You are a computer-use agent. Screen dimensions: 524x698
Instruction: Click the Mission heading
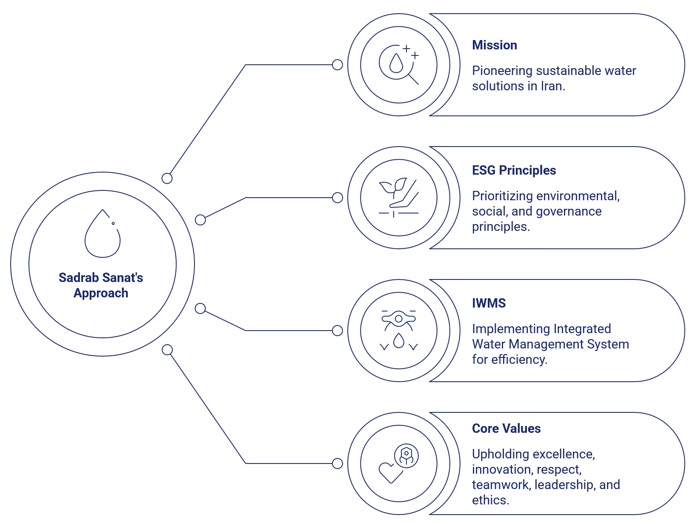click(x=495, y=45)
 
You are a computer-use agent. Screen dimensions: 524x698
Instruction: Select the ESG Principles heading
click(x=514, y=170)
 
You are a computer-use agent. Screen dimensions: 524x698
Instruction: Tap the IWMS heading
click(x=489, y=303)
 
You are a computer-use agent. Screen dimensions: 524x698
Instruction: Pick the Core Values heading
click(x=506, y=429)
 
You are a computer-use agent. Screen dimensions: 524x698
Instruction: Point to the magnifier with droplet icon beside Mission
click(x=399, y=65)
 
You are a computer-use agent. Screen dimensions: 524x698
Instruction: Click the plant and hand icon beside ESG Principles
click(x=399, y=198)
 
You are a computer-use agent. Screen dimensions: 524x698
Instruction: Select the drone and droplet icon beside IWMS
click(x=399, y=331)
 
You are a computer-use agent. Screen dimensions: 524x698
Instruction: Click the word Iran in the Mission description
click(x=552, y=86)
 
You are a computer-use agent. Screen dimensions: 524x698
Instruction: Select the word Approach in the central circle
click(x=101, y=293)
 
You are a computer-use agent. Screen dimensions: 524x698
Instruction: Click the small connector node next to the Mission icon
click(x=338, y=65)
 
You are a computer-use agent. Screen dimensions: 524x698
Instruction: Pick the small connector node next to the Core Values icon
click(x=338, y=464)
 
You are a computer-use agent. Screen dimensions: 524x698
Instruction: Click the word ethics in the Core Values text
click(x=490, y=500)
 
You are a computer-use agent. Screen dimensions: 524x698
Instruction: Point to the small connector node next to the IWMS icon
click(x=338, y=331)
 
